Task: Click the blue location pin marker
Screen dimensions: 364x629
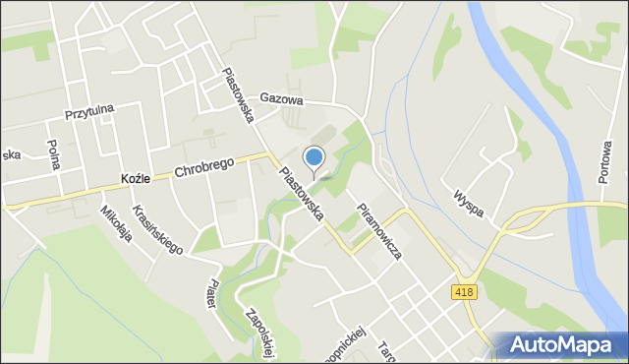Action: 314,157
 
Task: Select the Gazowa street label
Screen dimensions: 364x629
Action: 282,99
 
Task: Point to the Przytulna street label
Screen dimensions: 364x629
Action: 87,114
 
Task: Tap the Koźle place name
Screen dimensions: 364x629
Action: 134,179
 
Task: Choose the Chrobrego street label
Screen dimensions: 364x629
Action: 204,167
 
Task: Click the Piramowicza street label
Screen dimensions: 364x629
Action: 379,230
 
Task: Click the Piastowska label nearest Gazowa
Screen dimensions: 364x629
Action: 239,94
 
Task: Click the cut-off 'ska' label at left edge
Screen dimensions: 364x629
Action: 11,154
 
